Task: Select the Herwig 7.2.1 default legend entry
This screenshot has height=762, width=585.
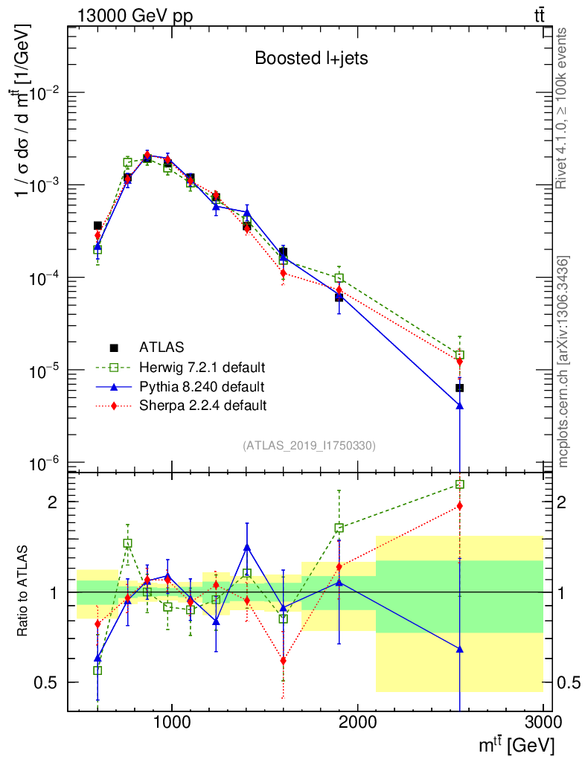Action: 202,367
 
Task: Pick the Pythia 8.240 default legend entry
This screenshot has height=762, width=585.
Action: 201,386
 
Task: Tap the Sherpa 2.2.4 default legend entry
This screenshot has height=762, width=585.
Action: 202,406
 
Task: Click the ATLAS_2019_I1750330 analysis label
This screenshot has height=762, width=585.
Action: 309,446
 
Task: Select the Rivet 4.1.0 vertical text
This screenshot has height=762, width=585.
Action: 563,109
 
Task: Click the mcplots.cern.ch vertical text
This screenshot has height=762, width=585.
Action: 563,362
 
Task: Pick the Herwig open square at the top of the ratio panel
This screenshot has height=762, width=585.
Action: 460,484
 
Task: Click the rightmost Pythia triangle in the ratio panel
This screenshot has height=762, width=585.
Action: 460,649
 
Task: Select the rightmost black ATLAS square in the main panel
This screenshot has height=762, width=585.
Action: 460,388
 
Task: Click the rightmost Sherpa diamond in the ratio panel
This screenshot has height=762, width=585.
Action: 460,506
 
